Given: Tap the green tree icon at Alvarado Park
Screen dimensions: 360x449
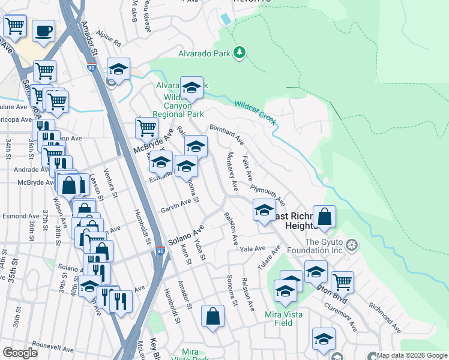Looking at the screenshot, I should coord(240,53).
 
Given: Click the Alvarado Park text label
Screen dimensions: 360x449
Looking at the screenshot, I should coord(205,53).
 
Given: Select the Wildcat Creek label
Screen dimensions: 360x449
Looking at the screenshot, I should coord(255,112).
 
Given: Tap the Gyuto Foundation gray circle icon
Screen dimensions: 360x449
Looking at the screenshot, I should coord(352,245).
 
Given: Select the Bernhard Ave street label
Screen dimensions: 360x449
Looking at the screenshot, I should coord(226,135).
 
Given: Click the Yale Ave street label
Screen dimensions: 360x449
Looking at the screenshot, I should coord(253,248).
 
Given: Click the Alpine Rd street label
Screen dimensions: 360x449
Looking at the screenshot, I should coord(111,43).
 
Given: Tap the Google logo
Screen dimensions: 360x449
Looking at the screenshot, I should coord(19,353).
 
